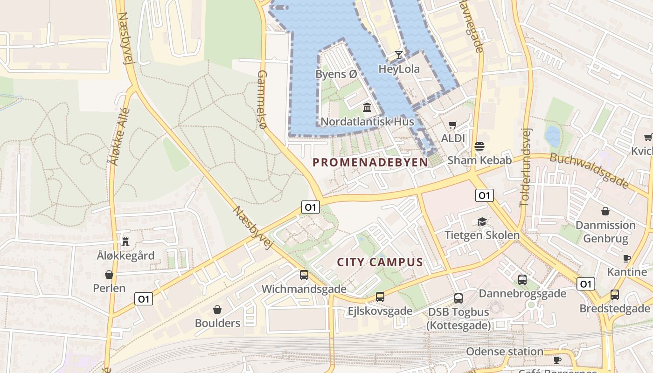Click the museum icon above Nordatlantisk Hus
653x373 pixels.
(367, 108)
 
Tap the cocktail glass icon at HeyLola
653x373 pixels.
(399, 55)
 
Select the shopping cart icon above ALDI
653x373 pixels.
(452, 124)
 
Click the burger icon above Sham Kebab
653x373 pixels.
(479, 146)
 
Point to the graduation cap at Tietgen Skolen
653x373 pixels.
(482, 221)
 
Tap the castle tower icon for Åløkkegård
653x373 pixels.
(125, 242)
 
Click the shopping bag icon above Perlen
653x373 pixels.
(109, 275)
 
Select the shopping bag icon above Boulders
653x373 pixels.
(217, 310)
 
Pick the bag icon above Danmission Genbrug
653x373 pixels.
(605, 211)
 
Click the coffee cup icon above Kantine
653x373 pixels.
(627, 258)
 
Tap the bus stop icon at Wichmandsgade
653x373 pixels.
(304, 275)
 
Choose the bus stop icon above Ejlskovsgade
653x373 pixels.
(380, 297)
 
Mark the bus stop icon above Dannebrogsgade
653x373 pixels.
(522, 280)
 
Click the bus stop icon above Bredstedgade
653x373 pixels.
(615, 295)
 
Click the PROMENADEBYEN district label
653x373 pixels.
(370, 162)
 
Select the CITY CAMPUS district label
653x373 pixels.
(380, 262)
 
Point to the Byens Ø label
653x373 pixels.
(336, 74)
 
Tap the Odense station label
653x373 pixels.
(505, 352)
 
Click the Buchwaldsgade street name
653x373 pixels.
(590, 170)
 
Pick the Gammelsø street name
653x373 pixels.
(262, 99)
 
